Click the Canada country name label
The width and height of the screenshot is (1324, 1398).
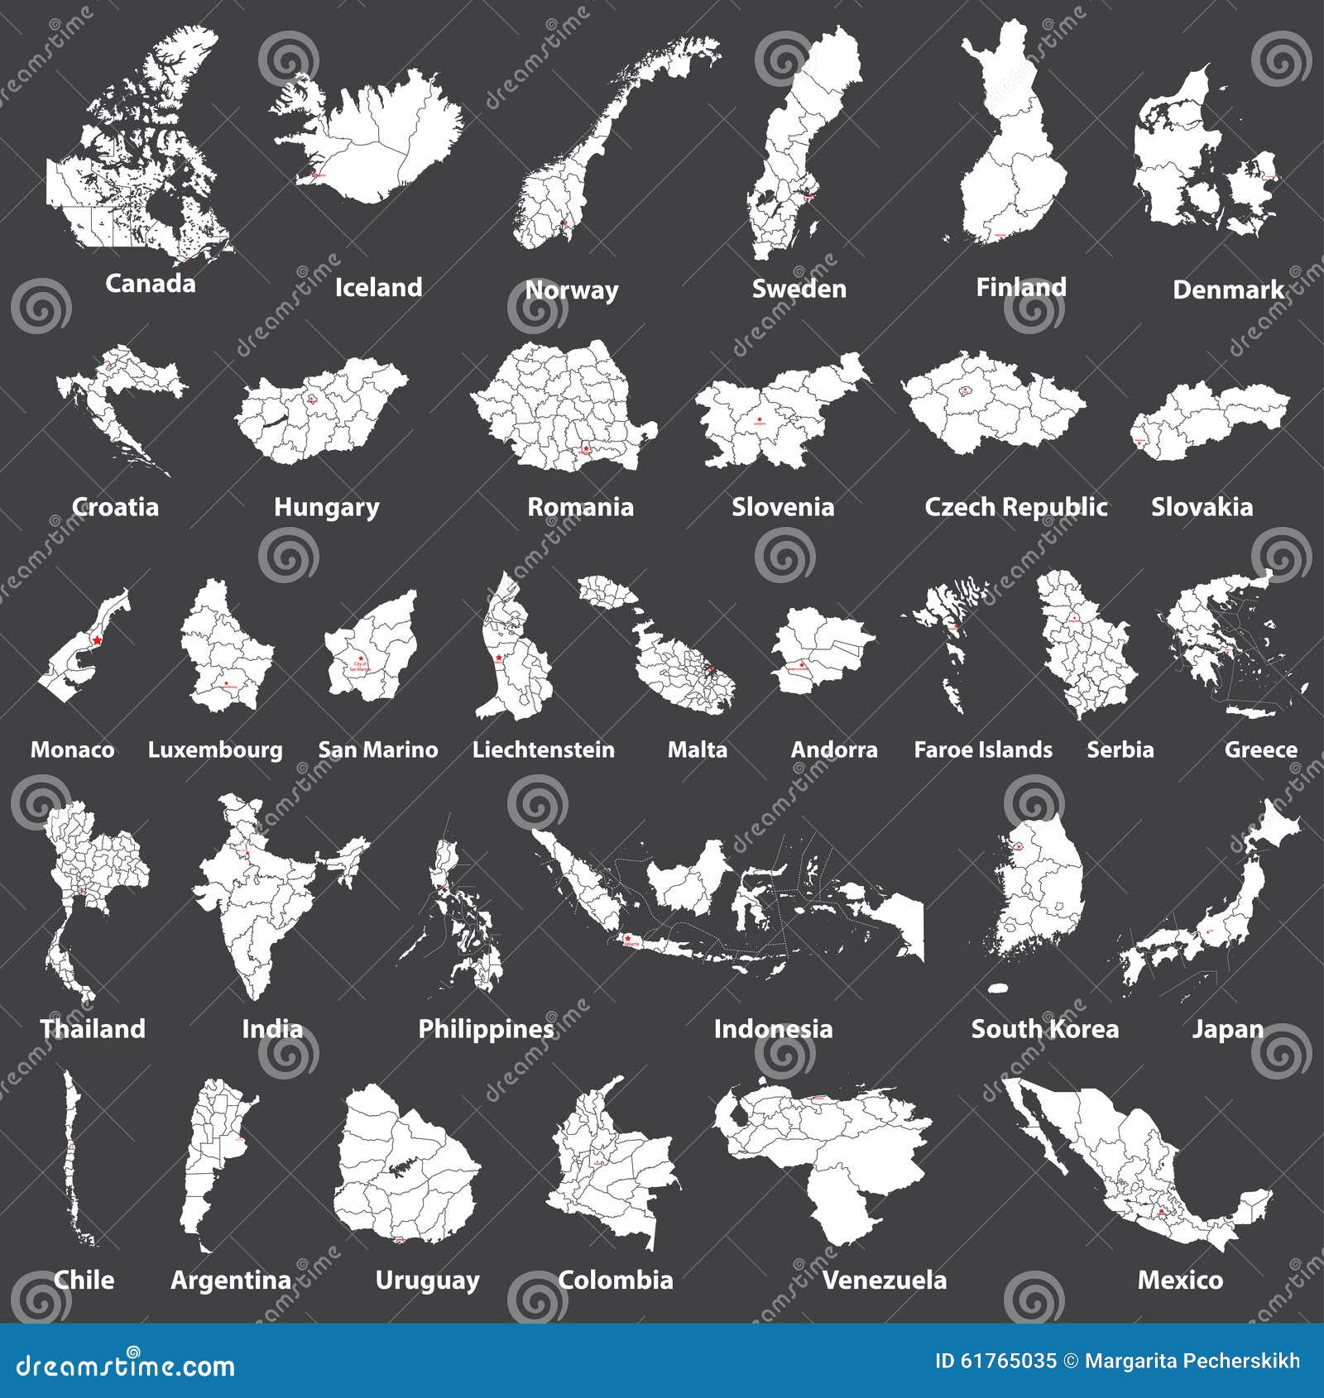[150, 284]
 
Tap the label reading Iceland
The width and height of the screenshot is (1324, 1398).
[378, 287]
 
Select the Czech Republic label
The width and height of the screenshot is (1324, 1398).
[1015, 506]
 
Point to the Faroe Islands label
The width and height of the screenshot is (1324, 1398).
[982, 749]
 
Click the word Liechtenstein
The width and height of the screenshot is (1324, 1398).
[543, 749]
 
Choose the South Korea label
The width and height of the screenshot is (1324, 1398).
[1044, 1028]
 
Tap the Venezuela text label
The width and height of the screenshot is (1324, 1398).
[884, 1280]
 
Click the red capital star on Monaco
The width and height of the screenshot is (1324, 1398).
[98, 639]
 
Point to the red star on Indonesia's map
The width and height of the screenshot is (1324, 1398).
[626, 938]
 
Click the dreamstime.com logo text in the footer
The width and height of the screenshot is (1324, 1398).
[126, 1365]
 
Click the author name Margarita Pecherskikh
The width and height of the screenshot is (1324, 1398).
[1192, 1361]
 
